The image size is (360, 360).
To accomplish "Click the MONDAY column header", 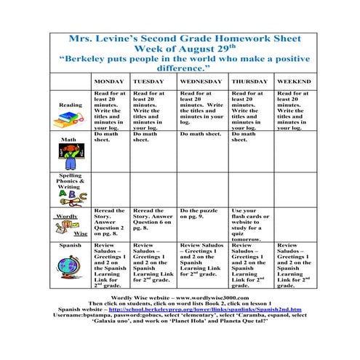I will [109, 81].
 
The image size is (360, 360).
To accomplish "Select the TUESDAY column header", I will [148, 81].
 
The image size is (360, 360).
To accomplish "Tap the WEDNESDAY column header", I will [201, 81].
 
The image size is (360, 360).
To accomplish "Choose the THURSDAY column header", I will [250, 81].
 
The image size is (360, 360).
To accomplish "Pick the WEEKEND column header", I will [294, 81].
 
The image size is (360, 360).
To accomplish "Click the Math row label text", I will [68, 139].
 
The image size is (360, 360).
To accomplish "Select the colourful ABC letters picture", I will [71, 195].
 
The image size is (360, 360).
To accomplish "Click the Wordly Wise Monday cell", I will [109, 223].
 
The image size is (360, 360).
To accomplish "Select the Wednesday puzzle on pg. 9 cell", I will [201, 214].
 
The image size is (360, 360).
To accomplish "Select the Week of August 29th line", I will [180, 47].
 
